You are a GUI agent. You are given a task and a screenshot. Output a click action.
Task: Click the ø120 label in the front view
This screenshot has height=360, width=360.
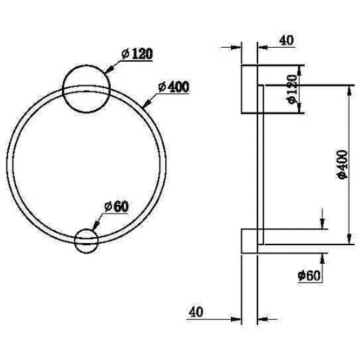tap(137, 54)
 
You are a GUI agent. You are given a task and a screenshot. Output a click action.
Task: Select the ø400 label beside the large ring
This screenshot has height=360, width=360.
tap(174, 87)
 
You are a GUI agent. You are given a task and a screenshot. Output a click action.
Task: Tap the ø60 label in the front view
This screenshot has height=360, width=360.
tap(117, 207)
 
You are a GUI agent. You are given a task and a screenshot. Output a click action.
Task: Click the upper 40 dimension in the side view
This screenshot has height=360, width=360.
tap(286, 40)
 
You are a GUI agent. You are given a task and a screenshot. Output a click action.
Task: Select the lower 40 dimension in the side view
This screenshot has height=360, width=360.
tap(196, 312)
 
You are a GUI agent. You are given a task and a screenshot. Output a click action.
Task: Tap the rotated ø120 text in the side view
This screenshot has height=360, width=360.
tap(292, 89)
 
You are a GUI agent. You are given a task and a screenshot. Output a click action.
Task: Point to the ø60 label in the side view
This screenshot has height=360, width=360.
tap(309, 275)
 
